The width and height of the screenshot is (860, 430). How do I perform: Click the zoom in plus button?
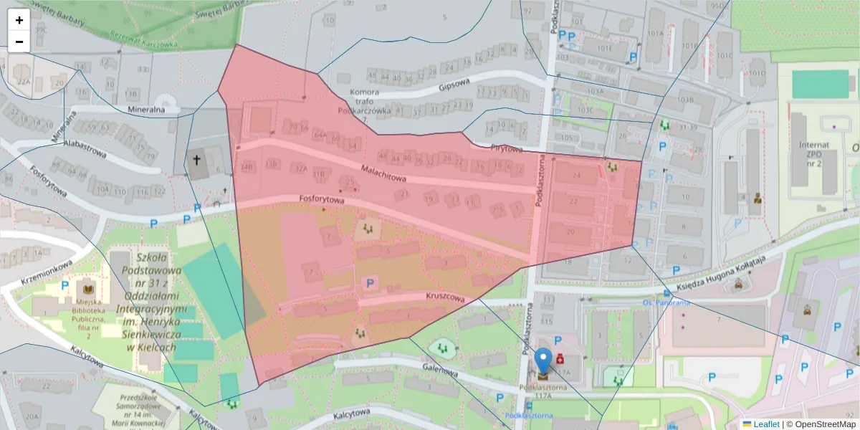(19, 20)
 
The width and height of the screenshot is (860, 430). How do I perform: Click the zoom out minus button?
(19, 42)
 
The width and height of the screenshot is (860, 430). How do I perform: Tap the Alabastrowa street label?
(84, 146)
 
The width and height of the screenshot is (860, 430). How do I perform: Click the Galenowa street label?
(440, 371)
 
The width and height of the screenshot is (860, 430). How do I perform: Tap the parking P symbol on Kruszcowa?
(371, 284)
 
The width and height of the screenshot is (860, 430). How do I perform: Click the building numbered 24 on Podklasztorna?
(576, 175)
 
